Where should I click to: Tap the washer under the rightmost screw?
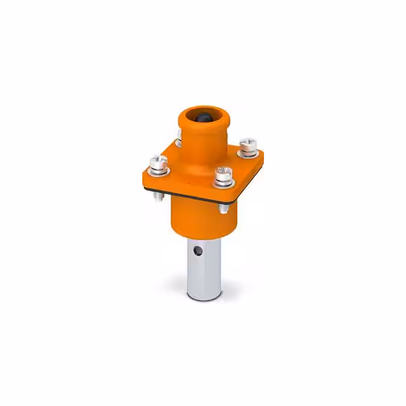click(247, 152)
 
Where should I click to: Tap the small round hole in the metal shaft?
click(198, 250)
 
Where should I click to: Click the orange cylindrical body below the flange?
click(197, 219)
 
